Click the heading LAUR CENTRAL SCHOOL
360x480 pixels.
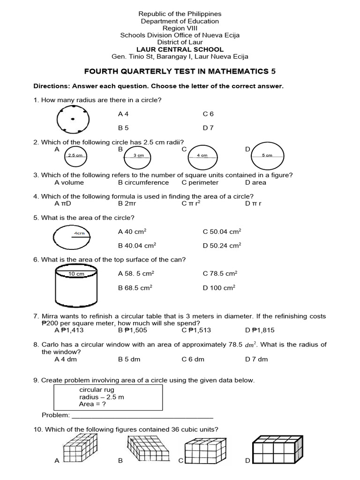tap(180, 49)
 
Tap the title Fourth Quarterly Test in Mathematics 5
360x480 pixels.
tap(180, 72)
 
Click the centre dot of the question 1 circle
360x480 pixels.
tap(73, 119)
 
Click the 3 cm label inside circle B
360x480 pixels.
tap(139, 155)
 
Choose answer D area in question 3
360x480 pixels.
tap(255, 182)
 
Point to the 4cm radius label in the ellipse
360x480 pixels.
tap(79, 233)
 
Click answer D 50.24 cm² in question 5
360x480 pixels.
tap(222, 245)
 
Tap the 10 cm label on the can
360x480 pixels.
tap(76, 274)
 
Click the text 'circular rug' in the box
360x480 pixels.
tap(97, 390)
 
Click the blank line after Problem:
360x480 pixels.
tap(142, 415)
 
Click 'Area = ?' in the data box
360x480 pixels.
tap(93, 404)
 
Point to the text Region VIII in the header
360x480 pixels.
tap(180, 28)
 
